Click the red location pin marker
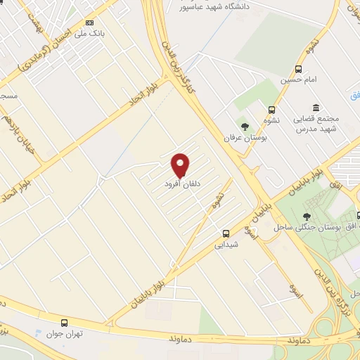181,165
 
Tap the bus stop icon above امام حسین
298,69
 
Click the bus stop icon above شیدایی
226,233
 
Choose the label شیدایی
226,245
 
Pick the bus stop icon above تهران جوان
64,323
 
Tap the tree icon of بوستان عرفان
244,127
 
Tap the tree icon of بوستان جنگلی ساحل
307,217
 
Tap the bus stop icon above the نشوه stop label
271,109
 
